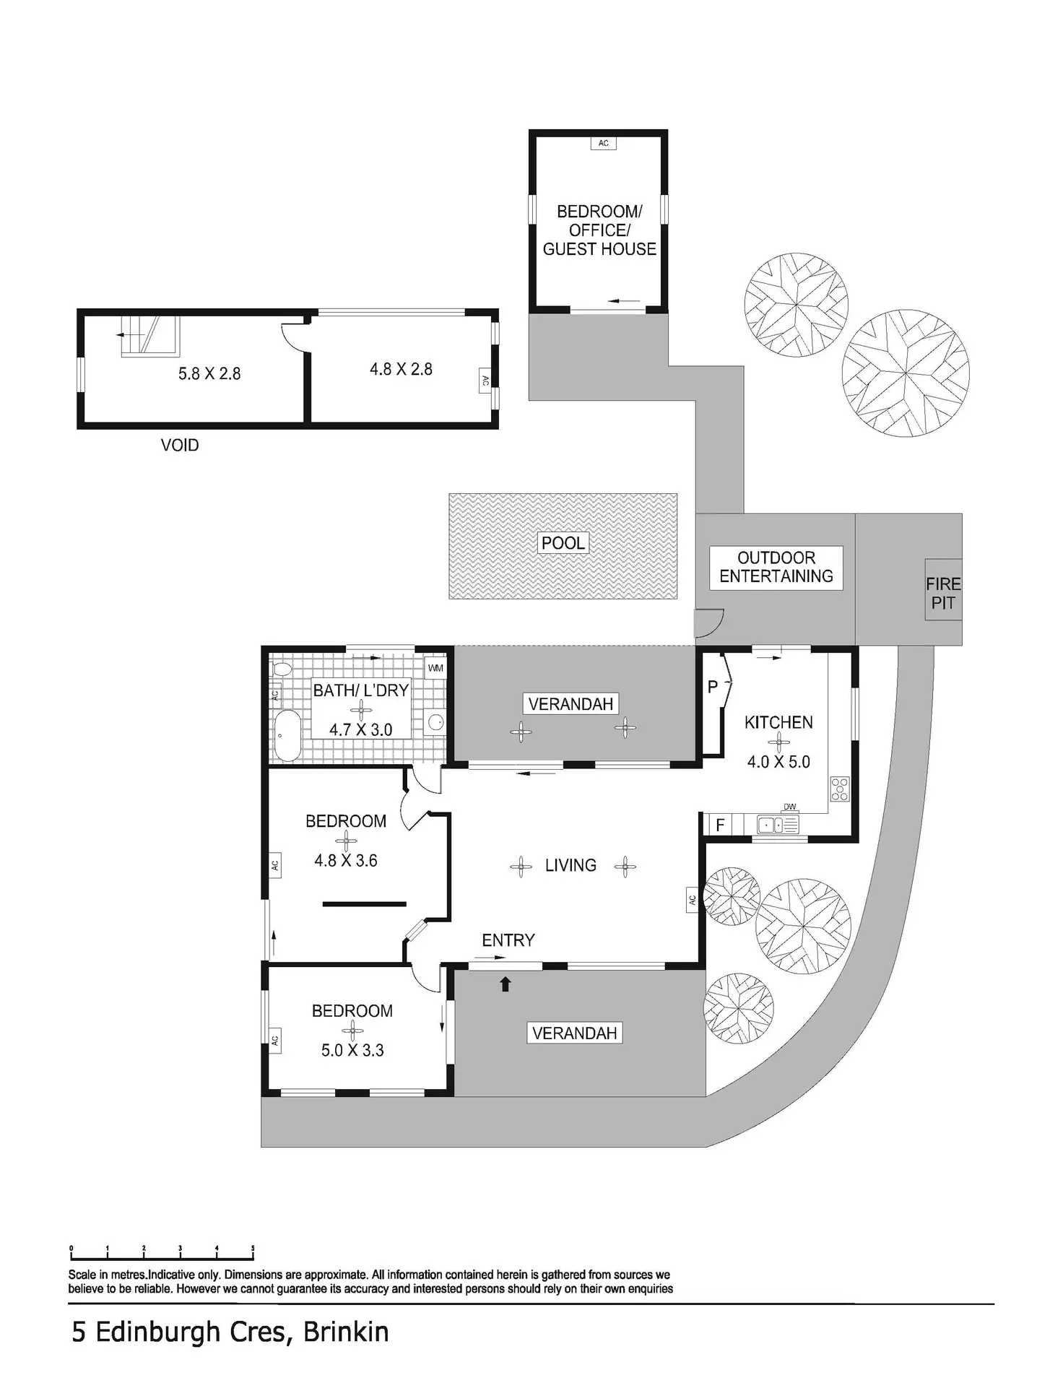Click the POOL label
pyautogui.click(x=563, y=542)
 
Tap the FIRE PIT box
pyautogui.click(x=943, y=589)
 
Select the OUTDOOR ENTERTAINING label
pyautogui.click(x=776, y=568)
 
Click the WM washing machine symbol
pyautogui.click(x=435, y=667)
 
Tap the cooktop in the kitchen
pyautogui.click(x=840, y=789)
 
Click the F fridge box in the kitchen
pyautogui.click(x=720, y=824)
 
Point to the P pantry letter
pyautogui.click(x=713, y=687)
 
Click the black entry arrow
pyautogui.click(x=506, y=983)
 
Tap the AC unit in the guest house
pyautogui.click(x=603, y=143)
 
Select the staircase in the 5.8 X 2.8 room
pyautogui.click(x=149, y=336)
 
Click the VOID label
pyautogui.click(x=180, y=445)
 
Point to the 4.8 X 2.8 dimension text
pyautogui.click(x=401, y=369)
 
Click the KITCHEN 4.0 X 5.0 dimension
pyautogui.click(x=778, y=761)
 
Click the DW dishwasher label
pyautogui.click(x=789, y=807)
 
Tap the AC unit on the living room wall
pyautogui.click(x=692, y=899)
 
